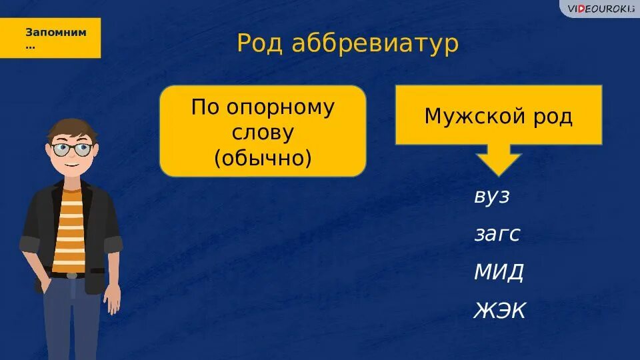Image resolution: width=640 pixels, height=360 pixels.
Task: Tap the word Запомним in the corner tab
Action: pos(55,32)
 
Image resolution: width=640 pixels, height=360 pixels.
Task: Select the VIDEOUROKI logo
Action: pos(599,8)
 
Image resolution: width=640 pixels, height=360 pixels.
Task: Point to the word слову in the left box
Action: pos(263,132)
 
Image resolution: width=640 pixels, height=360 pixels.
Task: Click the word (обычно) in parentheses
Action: pos(263,157)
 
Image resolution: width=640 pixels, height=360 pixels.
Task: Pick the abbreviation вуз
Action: pos(492,197)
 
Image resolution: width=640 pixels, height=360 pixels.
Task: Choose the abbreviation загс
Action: pos(497,234)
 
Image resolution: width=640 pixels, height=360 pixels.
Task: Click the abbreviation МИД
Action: pos(499,271)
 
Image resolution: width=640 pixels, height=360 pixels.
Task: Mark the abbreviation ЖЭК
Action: pos(500,310)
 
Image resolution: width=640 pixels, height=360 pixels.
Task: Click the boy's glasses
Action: pos(72,149)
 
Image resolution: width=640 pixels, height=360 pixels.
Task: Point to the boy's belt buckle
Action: pos(71,275)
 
